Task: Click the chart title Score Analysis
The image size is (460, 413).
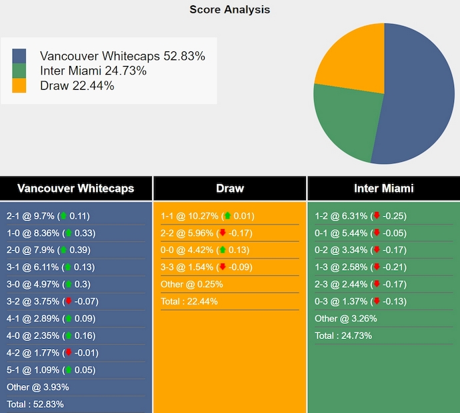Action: [x=229, y=9]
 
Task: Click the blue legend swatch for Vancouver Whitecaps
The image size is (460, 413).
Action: [x=19, y=56]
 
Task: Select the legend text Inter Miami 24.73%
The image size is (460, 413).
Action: [x=93, y=71]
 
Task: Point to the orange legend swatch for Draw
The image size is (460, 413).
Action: [x=19, y=85]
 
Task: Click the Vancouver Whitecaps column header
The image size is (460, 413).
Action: [x=76, y=189]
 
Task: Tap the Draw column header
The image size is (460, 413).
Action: [x=229, y=189]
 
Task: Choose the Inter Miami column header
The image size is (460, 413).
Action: [x=383, y=189]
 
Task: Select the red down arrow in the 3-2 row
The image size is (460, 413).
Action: [x=67, y=302]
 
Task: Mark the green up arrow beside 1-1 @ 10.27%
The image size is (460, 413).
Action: [x=227, y=216]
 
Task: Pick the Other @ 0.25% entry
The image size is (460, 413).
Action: [x=192, y=284]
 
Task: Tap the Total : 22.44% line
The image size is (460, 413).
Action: [x=189, y=302]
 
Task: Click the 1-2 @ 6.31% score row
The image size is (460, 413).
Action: [x=360, y=216]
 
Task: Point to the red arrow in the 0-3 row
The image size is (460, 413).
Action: [x=376, y=302]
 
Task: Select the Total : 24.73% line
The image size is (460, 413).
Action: [x=343, y=336]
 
